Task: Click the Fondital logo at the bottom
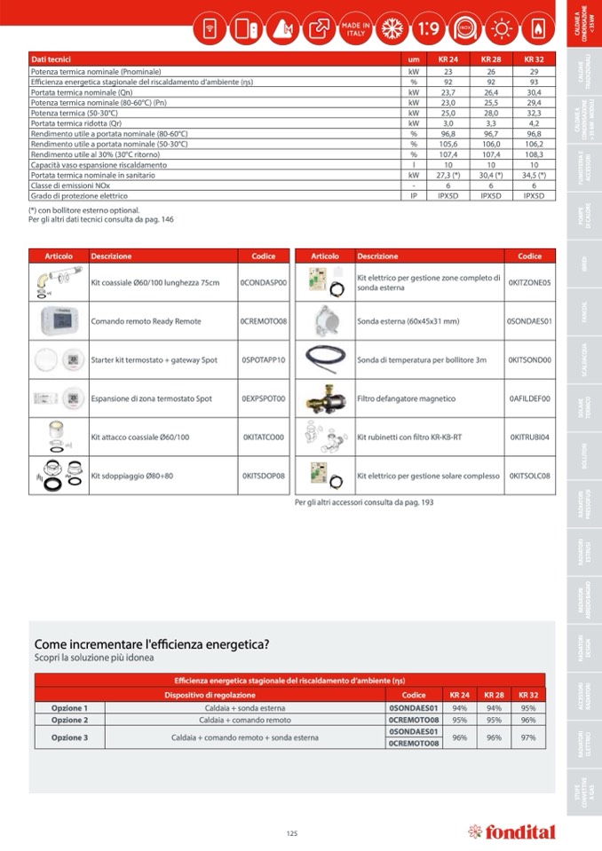click(511, 831)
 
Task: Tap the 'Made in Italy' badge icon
click(355, 28)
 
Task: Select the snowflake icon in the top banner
click(392, 28)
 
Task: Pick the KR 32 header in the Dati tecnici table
click(534, 59)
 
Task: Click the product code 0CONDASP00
click(264, 282)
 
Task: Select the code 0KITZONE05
click(529, 282)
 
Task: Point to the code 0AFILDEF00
click(529, 398)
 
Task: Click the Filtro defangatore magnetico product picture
click(324, 398)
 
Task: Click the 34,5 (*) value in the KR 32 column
click(534, 176)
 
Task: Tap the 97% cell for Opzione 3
click(528, 737)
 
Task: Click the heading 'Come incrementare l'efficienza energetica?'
click(152, 644)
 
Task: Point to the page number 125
click(292, 832)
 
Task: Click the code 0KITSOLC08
click(529, 477)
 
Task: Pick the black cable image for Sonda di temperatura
click(324, 359)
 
